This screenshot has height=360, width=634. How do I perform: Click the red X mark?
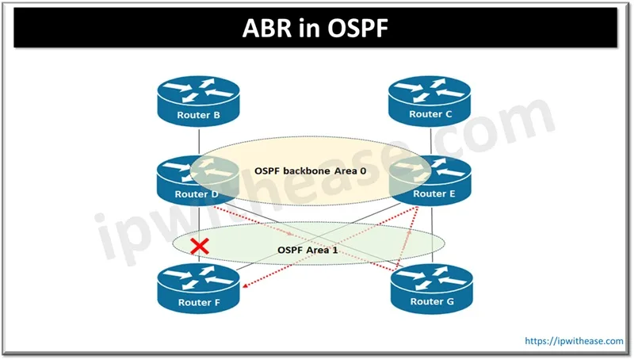(201, 246)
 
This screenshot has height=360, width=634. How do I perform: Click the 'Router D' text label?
(197, 193)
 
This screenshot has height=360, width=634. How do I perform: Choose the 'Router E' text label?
(430, 193)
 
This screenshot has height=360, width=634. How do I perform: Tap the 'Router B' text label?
(197, 114)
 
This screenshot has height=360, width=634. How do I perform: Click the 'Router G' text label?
(431, 301)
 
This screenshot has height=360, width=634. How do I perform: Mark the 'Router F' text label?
(197, 302)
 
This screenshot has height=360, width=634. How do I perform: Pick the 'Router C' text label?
(431, 114)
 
